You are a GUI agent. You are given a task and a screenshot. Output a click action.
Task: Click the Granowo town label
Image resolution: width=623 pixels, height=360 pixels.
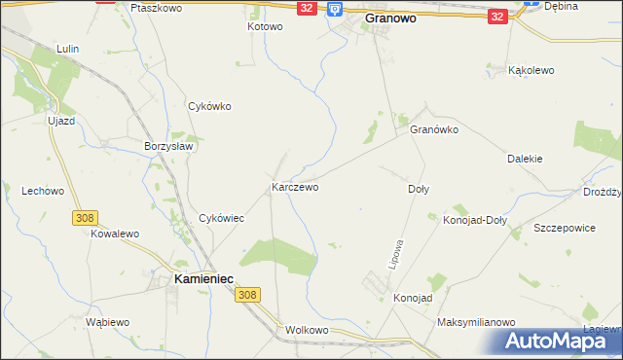(x=397, y=18)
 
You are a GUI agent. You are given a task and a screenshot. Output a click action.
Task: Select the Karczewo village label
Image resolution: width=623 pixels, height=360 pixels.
(x=295, y=186)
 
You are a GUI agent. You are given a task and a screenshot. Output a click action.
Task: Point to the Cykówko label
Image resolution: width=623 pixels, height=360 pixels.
(x=209, y=107)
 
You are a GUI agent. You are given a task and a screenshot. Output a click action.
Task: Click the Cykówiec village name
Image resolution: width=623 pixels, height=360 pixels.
(x=221, y=218)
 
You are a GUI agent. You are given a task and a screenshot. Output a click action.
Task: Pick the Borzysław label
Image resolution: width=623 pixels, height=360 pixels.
(x=170, y=146)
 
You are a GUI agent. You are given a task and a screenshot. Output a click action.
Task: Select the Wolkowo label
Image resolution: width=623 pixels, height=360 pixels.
(x=308, y=330)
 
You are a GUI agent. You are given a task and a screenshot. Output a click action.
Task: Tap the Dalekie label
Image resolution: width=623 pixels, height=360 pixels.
(x=525, y=158)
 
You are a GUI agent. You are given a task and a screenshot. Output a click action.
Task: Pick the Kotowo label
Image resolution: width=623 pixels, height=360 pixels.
(x=264, y=26)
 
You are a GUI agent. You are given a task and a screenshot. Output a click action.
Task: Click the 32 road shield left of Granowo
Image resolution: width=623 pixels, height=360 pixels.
(x=307, y=8)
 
